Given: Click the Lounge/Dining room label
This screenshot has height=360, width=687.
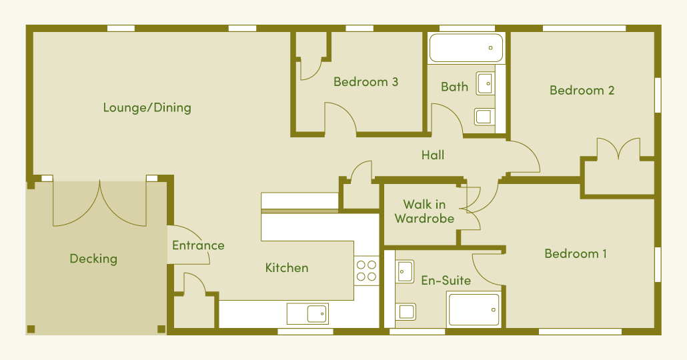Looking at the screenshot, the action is [147, 108].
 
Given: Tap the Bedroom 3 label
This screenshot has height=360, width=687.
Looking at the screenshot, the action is [366, 82].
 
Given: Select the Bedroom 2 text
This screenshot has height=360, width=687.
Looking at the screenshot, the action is [582, 91].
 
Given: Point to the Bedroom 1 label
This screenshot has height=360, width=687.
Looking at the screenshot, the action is [576, 253].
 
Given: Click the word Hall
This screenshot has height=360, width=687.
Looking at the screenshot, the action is [433, 155].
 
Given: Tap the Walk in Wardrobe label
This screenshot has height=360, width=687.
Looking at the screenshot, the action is [424, 211].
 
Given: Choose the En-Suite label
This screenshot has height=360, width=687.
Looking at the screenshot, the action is [446, 280].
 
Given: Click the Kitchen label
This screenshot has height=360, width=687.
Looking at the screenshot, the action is [287, 267].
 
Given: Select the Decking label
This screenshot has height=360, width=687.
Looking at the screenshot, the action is [93, 259].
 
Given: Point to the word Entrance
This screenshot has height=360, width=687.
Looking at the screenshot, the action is [198, 245].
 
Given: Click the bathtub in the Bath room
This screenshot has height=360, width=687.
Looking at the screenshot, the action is [466, 48].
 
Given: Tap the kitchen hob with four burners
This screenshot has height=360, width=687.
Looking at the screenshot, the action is [366, 271].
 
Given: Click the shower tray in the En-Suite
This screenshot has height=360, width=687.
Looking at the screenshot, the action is [474, 309].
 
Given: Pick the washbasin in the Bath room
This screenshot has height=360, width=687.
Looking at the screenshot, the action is [486, 83].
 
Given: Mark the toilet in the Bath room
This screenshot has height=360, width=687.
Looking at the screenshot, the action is [485, 117].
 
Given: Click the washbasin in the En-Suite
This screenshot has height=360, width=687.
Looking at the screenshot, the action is [405, 271].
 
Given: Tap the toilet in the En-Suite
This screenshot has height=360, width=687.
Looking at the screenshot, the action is [406, 312].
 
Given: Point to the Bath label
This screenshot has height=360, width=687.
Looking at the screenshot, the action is [454, 87].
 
